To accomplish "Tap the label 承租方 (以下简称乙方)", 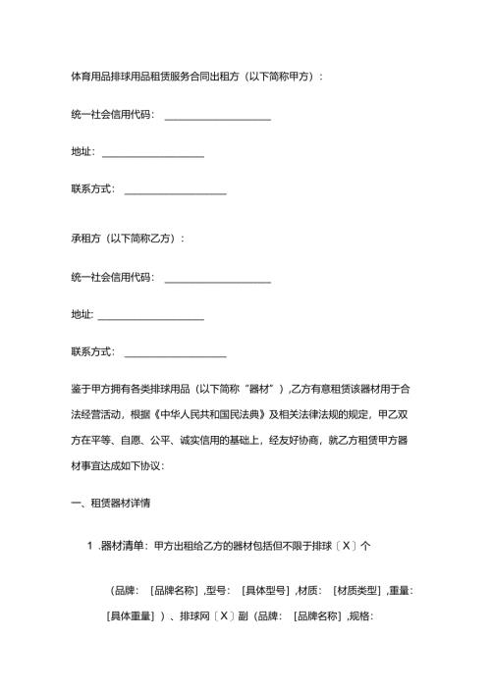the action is [x=128, y=239].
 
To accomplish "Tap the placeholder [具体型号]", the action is [x=265, y=591].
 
